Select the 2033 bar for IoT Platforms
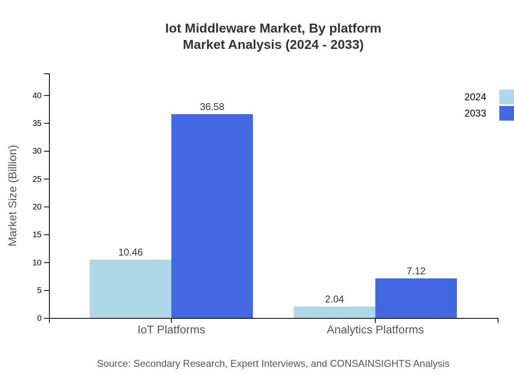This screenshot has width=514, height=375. [x=212, y=216]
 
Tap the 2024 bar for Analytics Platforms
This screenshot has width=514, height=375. [x=335, y=312]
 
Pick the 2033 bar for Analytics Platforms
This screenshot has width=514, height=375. [x=416, y=298]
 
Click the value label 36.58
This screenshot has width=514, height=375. [x=212, y=107]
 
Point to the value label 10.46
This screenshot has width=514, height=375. [x=131, y=252]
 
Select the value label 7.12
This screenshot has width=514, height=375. [x=416, y=271]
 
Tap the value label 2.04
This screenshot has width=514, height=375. [x=335, y=299]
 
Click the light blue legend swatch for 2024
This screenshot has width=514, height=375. [x=507, y=97]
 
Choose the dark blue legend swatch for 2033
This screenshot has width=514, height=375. [x=507, y=113]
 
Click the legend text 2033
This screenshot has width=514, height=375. [x=475, y=113]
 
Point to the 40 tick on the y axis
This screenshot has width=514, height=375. [x=37, y=95]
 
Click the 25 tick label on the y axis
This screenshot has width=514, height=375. [x=37, y=179]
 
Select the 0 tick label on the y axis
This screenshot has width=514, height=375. [x=40, y=318]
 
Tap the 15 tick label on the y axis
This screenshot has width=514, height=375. [x=37, y=235]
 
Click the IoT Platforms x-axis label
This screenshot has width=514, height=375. [x=171, y=329]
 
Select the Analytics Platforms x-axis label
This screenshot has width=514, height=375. [x=375, y=329]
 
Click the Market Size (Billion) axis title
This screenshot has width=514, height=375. [x=13, y=196]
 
